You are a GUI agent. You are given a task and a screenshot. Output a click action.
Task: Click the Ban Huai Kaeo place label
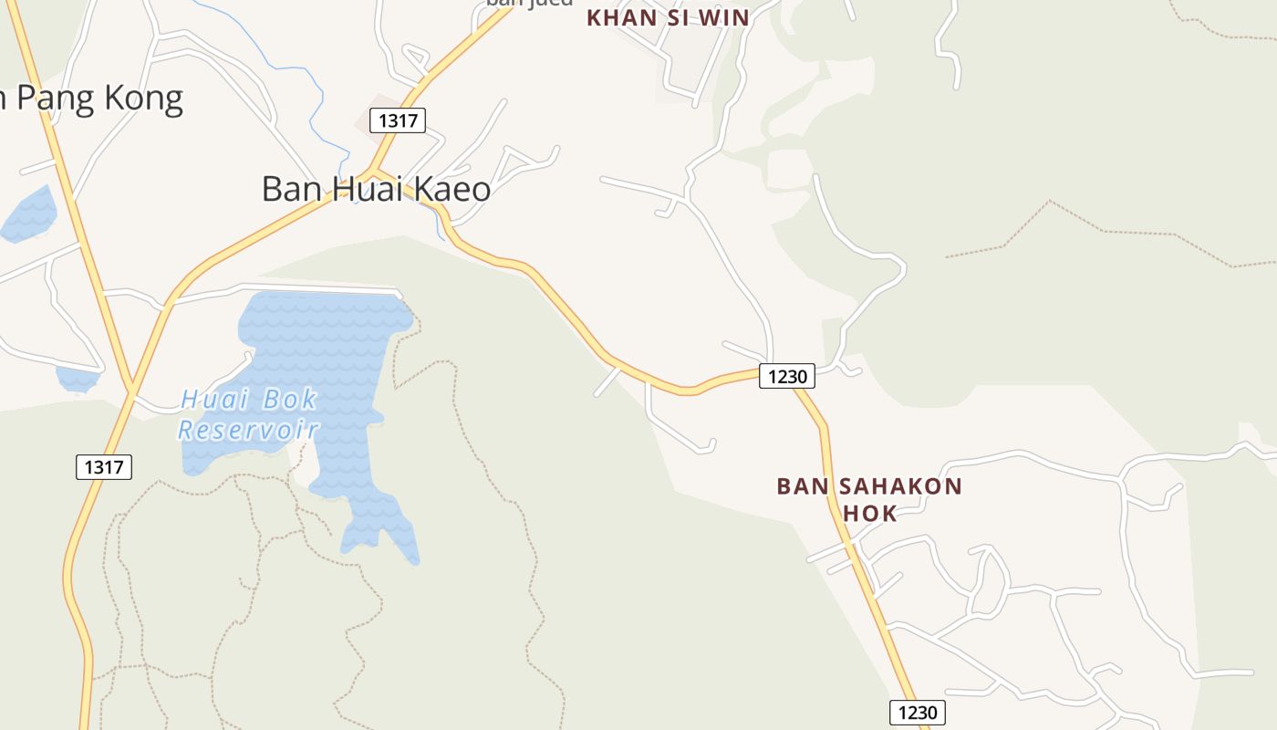376,189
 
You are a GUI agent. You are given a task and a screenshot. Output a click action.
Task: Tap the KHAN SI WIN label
668,17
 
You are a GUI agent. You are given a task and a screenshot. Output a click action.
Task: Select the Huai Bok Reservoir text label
248,414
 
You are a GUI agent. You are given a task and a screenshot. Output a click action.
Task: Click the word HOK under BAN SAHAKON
869,513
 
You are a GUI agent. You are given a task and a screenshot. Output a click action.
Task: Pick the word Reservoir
248,430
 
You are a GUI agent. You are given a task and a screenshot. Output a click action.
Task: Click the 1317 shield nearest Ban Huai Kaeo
398,120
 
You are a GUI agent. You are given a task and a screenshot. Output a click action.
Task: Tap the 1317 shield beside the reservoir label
104,467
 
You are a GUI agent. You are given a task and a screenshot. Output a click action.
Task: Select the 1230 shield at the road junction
786,376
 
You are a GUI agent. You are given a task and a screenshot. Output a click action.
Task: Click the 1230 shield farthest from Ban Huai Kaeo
917,713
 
